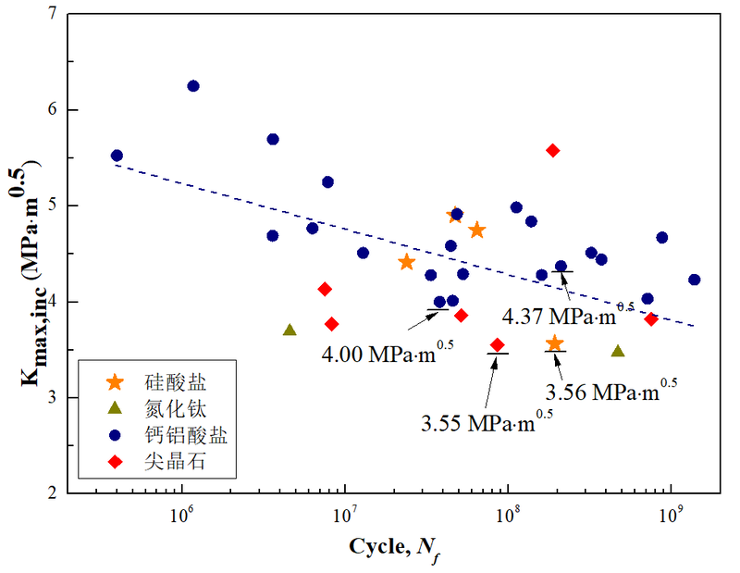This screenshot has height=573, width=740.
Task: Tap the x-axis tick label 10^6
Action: click(x=181, y=513)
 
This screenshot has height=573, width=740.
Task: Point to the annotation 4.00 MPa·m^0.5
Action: click(x=388, y=353)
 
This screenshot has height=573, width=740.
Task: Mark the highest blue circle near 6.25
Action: click(x=193, y=86)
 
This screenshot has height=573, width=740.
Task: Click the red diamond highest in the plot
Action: click(x=553, y=150)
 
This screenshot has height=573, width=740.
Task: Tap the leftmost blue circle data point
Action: click(x=117, y=156)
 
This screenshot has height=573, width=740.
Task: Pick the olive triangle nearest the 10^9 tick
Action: click(x=618, y=351)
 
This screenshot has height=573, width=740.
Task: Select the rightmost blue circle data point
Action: click(x=695, y=280)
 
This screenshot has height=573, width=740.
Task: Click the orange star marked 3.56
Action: click(x=554, y=343)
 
